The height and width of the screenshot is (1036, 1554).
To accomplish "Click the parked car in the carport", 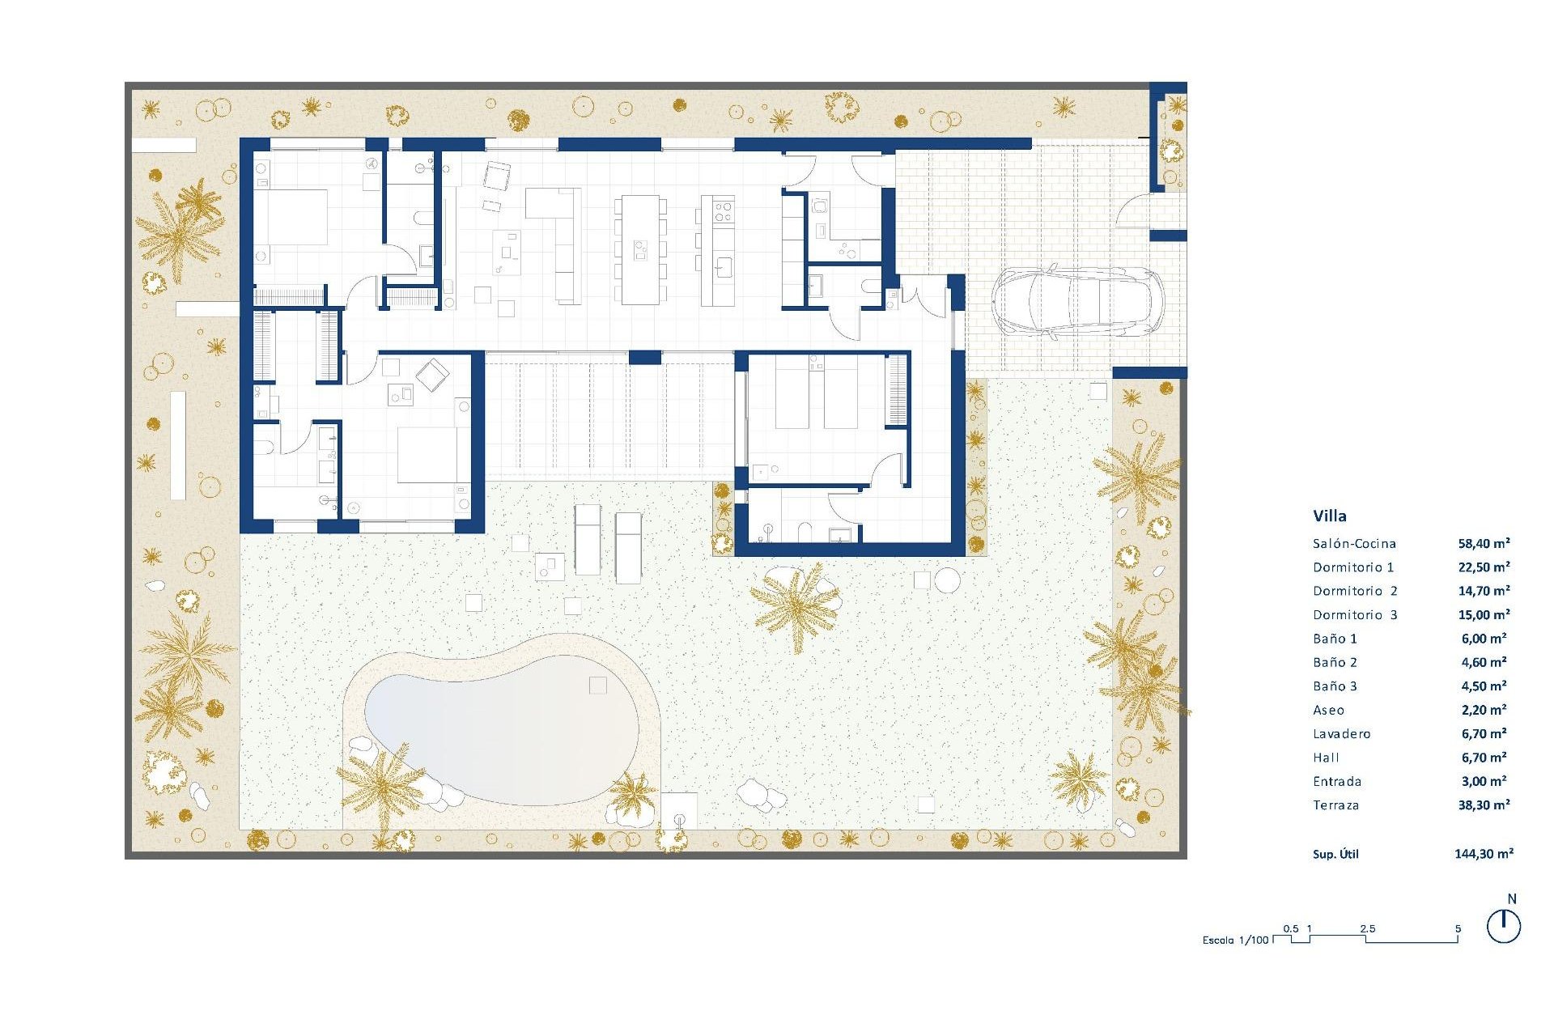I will point(1076,302).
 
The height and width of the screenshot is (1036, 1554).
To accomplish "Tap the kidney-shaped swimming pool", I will point(502,732).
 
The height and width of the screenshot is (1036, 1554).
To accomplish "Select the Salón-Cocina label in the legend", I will point(1354,544).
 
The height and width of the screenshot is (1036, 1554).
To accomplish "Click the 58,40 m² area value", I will point(1484,544).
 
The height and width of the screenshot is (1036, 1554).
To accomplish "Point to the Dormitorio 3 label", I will point(1355,615).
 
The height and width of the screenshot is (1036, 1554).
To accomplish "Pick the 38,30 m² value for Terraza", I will point(1484,805).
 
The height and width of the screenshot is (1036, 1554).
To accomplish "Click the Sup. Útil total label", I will point(1335,854).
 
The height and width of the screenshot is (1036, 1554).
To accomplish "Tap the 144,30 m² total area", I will point(1484,853).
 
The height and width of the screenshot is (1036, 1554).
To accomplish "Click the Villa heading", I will point(1330,516).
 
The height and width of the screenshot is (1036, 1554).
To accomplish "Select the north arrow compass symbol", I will point(1504,925).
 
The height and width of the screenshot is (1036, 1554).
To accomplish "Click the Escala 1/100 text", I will point(1235,940).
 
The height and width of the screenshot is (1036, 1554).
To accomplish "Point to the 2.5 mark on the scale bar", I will point(1368,929).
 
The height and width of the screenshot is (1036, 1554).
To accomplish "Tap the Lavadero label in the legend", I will point(1342,734).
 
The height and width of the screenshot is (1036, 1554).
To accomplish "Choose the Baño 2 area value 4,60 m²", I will point(1484,662).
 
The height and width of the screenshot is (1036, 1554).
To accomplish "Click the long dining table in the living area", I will point(640,249).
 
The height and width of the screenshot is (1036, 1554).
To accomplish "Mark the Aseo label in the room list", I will point(1328,711).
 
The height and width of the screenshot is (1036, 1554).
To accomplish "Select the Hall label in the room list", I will point(1326,758).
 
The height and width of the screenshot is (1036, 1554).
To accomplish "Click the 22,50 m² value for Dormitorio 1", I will point(1484,567).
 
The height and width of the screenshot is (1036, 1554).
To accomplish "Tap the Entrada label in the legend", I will point(1337,782).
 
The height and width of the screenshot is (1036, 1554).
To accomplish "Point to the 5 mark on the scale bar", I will point(1458,929).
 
